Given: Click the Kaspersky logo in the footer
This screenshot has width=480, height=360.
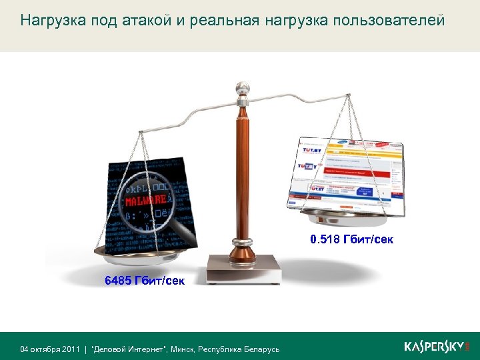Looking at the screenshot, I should (x=437, y=347).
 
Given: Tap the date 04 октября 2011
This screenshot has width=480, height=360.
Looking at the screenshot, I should (x=50, y=349).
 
